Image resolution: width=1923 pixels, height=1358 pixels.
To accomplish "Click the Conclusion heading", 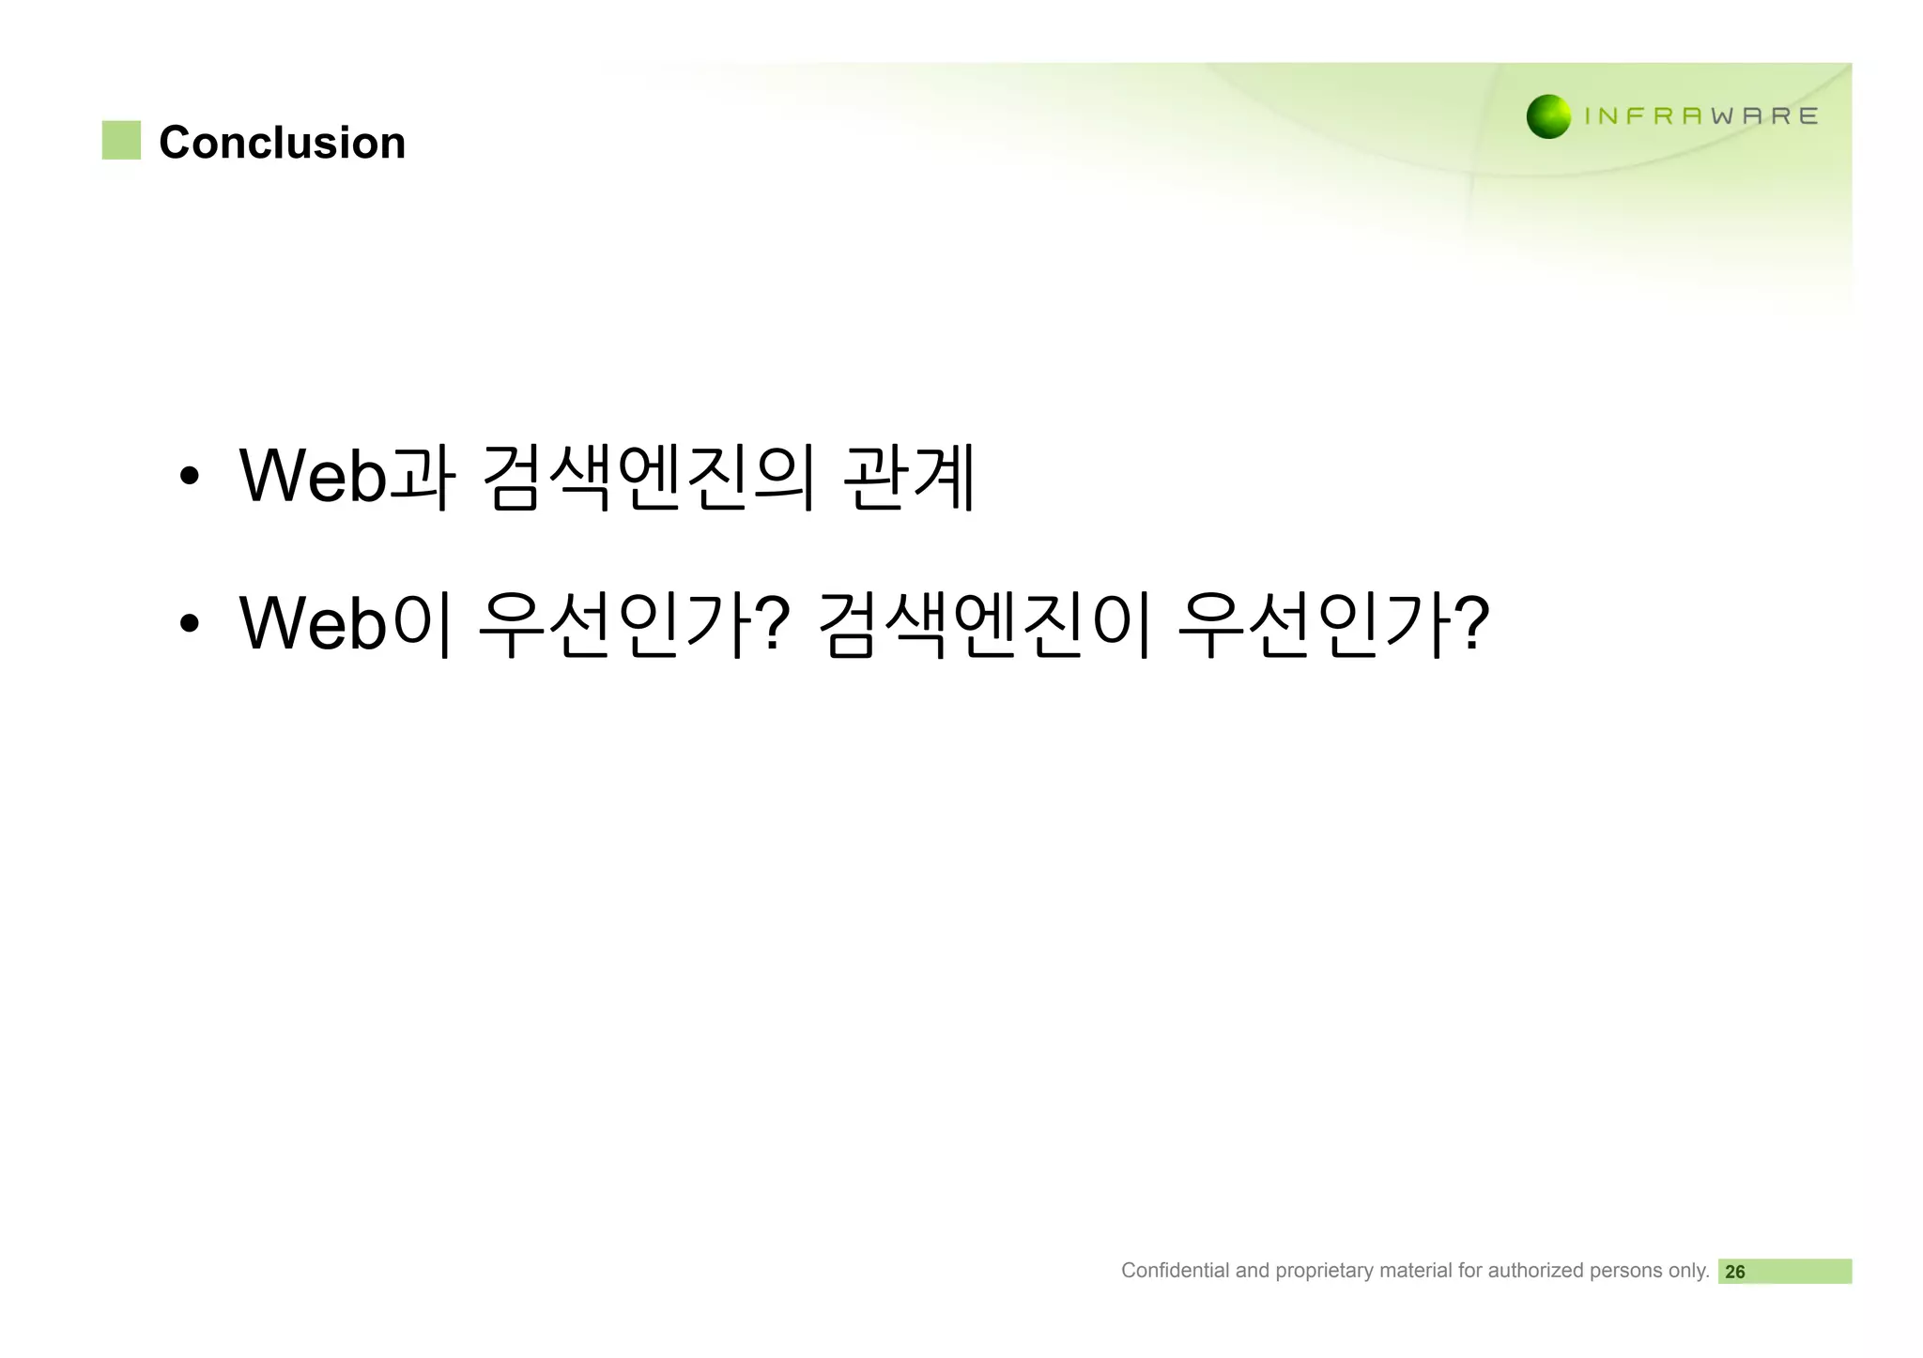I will click(x=282, y=143).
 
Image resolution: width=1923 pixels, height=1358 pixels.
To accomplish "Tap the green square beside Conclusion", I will click(x=121, y=140).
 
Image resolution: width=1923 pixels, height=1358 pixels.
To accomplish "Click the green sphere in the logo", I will click(x=1548, y=116).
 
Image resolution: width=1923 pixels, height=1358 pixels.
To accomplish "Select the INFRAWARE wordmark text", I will click(x=1700, y=116).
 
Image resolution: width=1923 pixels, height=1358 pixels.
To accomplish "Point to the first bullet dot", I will click(x=190, y=476).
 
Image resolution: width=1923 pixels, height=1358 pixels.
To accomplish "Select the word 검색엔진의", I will click(x=649, y=477).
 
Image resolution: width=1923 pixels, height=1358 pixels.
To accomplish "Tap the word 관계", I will click(x=910, y=477).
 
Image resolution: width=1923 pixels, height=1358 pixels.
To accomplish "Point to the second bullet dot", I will click(x=190, y=623).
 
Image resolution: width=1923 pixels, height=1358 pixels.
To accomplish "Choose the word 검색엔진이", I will click(x=985, y=623).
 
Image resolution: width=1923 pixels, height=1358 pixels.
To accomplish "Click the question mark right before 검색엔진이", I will click(x=772, y=621).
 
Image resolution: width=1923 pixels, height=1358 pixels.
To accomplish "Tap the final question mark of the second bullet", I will click(x=1470, y=621).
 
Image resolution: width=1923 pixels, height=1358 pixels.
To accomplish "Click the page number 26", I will click(x=1735, y=1272).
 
